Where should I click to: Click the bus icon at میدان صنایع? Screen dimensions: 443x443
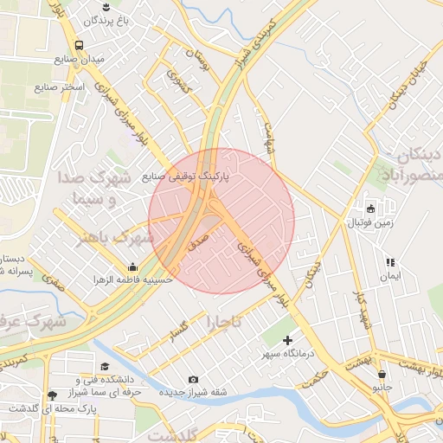(x=80, y=44)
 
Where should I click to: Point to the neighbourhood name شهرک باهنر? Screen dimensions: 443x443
(x=122, y=237)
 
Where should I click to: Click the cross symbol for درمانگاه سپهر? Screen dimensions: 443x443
(x=288, y=341)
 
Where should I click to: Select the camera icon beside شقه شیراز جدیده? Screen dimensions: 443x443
(x=193, y=380)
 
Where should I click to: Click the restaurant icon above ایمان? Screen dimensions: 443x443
(x=390, y=262)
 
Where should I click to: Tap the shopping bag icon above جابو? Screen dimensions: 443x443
(x=382, y=374)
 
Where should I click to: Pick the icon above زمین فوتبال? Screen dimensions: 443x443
(x=370, y=208)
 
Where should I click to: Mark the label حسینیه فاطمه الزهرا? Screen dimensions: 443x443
(x=134, y=280)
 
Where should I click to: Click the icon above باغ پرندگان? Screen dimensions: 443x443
(x=106, y=7)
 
